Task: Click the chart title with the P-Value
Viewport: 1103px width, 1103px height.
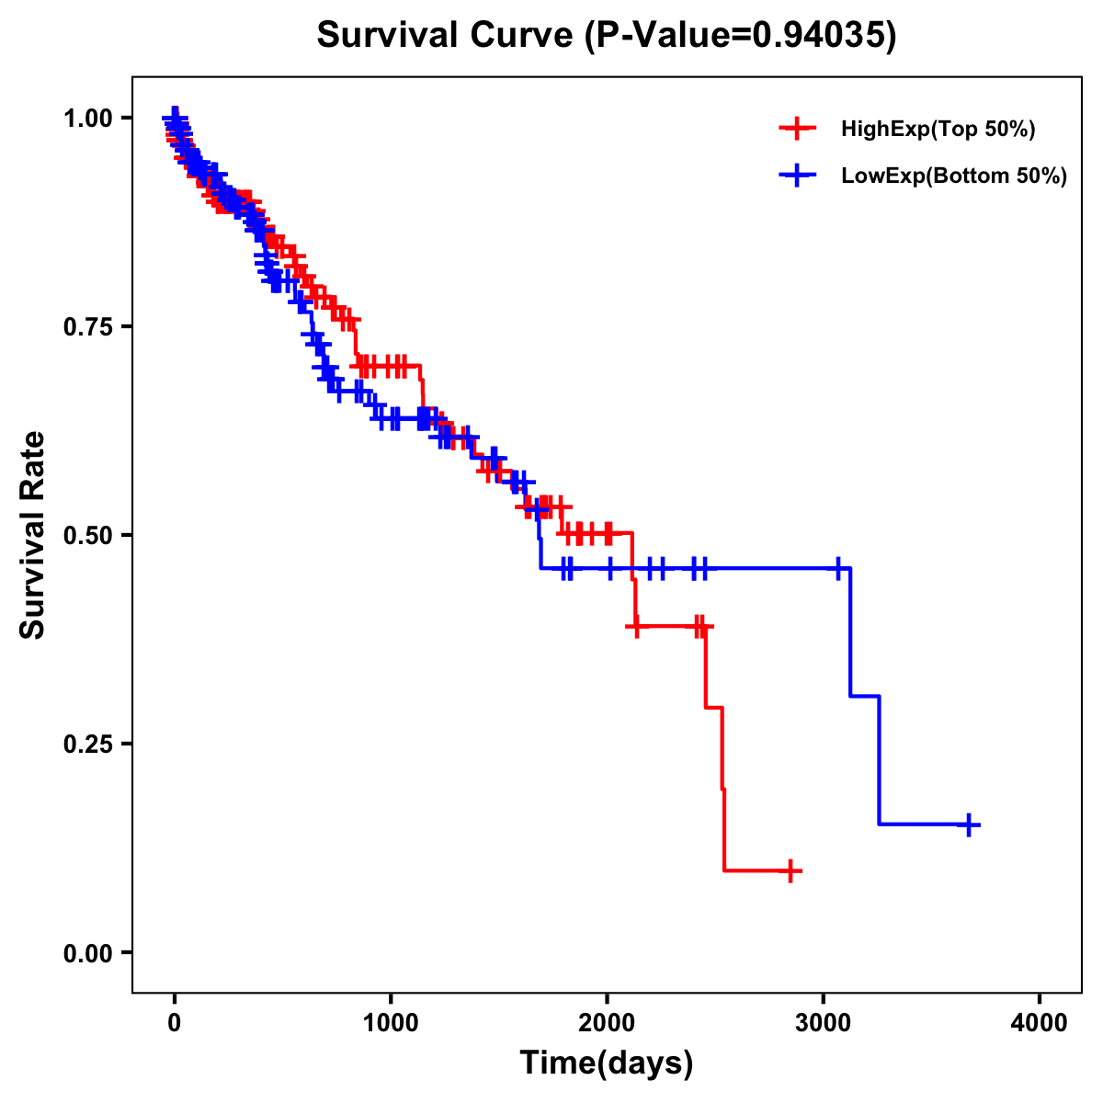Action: coord(607,35)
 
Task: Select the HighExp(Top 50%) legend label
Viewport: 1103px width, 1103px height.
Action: coord(938,130)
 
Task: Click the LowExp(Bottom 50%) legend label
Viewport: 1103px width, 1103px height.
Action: coord(954,176)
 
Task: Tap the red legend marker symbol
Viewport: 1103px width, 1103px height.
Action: coord(797,129)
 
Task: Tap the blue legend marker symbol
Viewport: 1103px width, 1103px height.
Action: coord(797,175)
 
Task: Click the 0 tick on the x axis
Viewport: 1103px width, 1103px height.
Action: coord(175,1023)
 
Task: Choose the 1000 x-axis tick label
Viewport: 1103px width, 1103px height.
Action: coord(391,1023)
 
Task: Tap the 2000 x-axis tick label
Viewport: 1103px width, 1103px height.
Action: coord(607,1023)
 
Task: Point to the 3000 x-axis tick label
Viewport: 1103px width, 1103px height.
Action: coord(824,1023)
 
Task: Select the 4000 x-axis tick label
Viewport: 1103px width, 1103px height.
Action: coord(1040,1023)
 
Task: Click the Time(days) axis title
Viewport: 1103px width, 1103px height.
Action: coord(607,1063)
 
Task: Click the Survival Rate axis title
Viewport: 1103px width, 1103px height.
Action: coord(33,535)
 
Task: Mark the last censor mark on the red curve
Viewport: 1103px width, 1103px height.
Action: coord(790,870)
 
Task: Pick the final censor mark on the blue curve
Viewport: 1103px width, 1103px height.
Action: coord(968,824)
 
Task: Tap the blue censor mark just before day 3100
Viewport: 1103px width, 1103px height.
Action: coord(838,568)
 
